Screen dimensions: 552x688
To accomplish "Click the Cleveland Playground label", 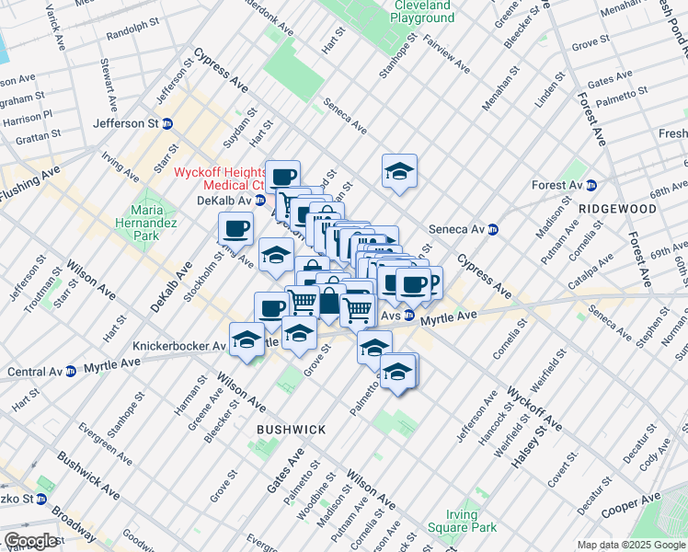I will click(422, 11).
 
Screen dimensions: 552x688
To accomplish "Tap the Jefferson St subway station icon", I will click(167, 123).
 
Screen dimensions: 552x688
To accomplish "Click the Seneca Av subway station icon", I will click(493, 230).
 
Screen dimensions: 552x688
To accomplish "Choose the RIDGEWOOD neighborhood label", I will click(617, 209).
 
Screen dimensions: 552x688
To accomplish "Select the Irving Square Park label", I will click(462, 521).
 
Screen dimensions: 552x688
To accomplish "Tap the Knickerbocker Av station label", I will click(178, 346).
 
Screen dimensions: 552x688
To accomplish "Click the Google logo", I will click(30, 541).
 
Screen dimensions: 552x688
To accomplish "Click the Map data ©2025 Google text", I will click(631, 545).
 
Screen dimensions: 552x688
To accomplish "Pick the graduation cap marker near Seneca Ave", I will click(399, 171).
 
